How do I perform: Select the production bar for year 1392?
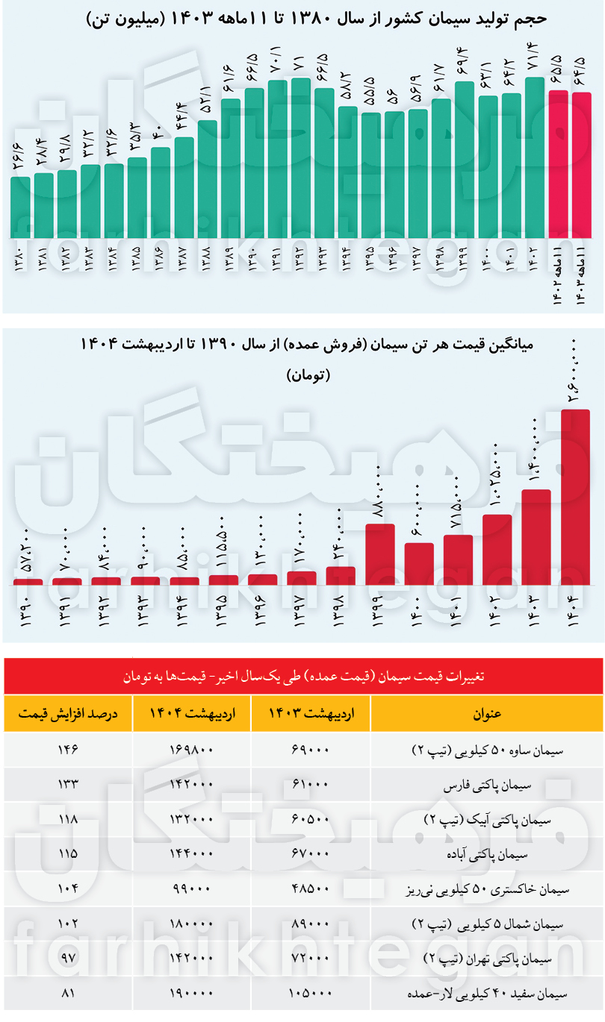coord(300,157)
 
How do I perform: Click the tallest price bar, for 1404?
coord(576,497)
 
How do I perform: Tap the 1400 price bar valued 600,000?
coord(419,563)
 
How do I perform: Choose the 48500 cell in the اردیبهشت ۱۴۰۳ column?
coord(311,889)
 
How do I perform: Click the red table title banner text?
coord(303,677)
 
